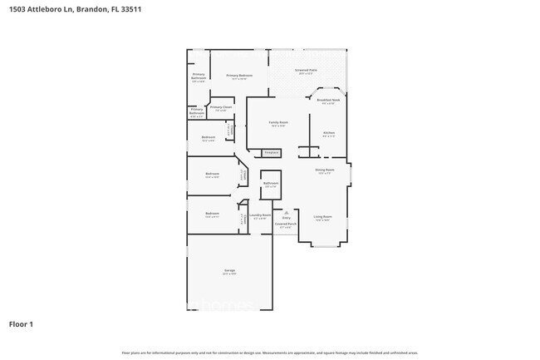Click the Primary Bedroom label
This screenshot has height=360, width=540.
(239, 76)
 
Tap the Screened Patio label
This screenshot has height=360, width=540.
(306, 72)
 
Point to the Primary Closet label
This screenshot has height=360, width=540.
(220, 108)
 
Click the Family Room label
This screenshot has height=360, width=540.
(277, 124)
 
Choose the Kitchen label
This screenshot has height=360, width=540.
(328, 134)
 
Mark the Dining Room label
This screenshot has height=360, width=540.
(325, 171)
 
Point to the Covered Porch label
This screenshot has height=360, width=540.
(286, 224)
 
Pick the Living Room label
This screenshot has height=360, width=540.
(322, 218)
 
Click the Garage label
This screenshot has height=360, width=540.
(229, 273)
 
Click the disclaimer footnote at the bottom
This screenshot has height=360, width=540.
(269, 353)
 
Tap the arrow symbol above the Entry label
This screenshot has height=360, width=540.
(286, 211)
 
